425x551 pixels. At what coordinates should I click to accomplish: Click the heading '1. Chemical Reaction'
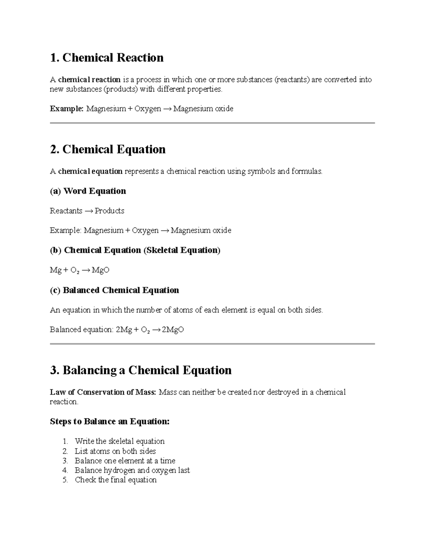[x=107, y=57]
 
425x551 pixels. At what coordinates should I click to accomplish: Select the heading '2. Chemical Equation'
[x=108, y=149]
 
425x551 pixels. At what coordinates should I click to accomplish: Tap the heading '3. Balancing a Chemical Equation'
[x=141, y=370]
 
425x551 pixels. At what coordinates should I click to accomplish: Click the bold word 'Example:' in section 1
[x=67, y=109]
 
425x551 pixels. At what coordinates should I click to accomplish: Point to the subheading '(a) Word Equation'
[x=88, y=191]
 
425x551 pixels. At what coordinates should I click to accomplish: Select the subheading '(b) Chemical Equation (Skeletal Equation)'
[x=135, y=250]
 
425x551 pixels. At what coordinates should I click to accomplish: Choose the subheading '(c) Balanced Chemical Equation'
[x=114, y=290]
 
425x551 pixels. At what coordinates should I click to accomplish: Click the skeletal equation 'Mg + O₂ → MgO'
[x=79, y=270]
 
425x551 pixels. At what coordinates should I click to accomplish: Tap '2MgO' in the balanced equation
[x=173, y=330]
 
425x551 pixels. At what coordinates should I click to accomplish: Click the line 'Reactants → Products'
[x=87, y=211]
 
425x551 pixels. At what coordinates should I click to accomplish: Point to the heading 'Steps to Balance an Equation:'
[x=109, y=421]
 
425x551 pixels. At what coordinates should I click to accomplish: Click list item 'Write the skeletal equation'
[x=119, y=441]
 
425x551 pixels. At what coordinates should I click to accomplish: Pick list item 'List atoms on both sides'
[x=115, y=451]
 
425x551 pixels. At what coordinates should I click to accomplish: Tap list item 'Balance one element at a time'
[x=125, y=461]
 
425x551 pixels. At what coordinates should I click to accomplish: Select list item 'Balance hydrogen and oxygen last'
[x=132, y=470]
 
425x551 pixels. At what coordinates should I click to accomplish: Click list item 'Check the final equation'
[x=115, y=480]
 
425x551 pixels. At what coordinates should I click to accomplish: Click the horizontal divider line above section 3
[x=212, y=344]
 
